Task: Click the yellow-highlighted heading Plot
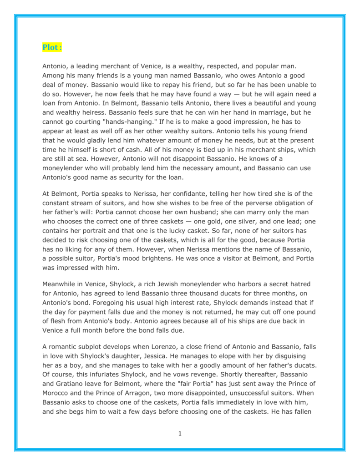click(52, 47)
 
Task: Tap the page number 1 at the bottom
click(180, 433)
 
